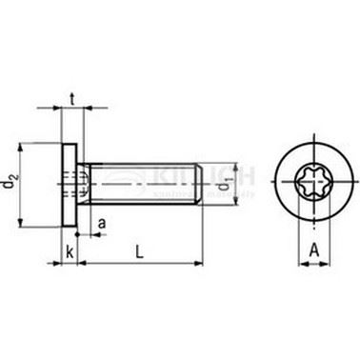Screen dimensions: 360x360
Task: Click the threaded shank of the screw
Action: pyautogui.click(x=143, y=179)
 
